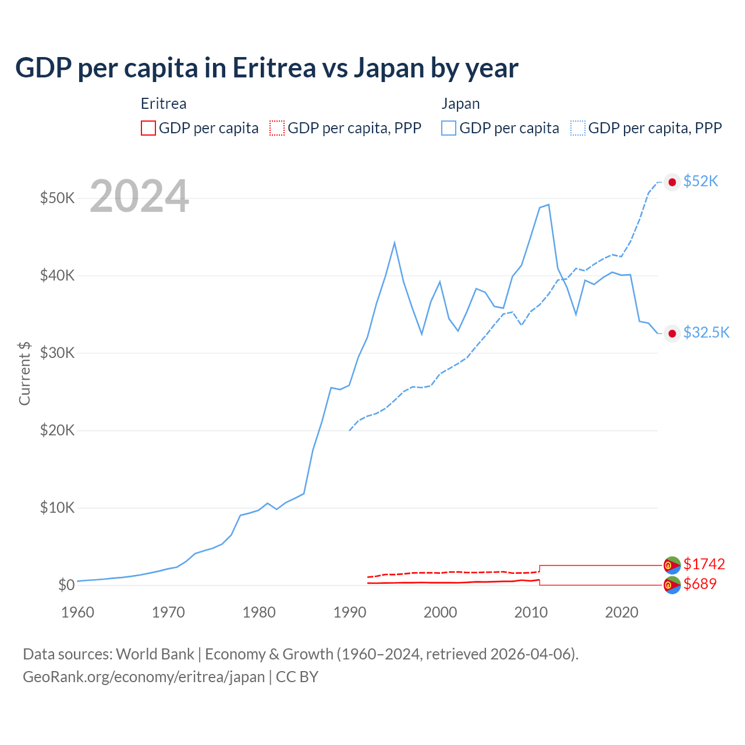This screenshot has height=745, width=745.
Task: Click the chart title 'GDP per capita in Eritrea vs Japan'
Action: [267, 68]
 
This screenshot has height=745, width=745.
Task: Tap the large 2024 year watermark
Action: [139, 197]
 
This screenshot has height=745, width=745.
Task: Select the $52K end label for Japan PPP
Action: [701, 182]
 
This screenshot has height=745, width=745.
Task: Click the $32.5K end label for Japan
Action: [706, 332]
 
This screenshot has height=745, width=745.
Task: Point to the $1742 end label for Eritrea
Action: [704, 564]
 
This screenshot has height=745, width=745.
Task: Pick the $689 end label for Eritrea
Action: [700, 584]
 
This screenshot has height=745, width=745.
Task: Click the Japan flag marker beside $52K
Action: [672, 182]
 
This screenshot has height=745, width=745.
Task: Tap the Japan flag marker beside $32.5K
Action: [672, 334]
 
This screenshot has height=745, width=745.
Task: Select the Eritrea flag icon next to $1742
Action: [672, 565]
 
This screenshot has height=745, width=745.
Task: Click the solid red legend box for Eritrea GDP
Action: [148, 128]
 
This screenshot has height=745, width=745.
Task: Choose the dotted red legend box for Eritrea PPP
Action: [277, 128]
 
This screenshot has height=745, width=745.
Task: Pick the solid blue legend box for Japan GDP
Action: [449, 128]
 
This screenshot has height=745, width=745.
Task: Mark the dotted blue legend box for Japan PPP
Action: [578, 128]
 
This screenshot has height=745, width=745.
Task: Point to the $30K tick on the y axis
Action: [57, 353]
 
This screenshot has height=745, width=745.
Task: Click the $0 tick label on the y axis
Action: [66, 585]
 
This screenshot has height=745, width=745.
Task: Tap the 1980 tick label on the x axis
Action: [259, 612]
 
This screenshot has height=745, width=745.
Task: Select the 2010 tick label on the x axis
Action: [531, 612]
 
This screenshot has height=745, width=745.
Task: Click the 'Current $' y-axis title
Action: [24, 373]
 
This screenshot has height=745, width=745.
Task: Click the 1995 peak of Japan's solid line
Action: [395, 243]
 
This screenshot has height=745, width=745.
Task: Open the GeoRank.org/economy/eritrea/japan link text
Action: [144, 677]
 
